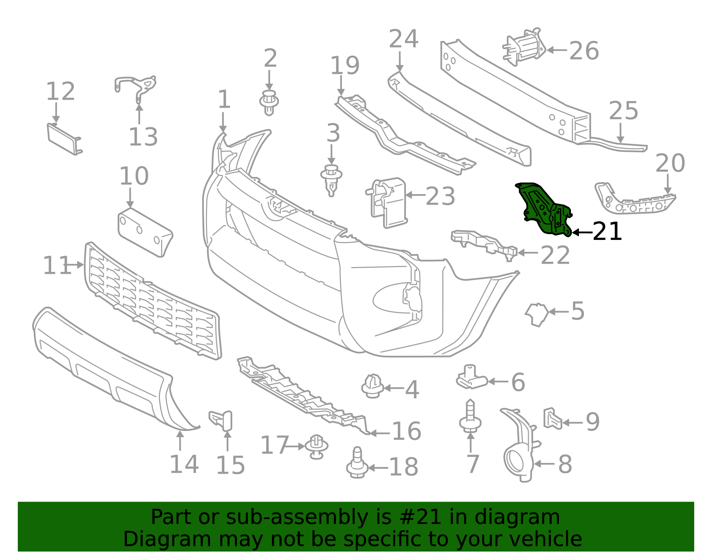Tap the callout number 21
(607, 231)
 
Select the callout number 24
(403, 39)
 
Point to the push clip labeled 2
(269, 102)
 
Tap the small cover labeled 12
(64, 139)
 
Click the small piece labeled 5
(537, 314)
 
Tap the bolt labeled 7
(470, 417)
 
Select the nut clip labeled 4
(372, 386)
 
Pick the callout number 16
(406, 431)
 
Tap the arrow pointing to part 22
(528, 253)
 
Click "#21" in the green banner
(420, 517)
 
